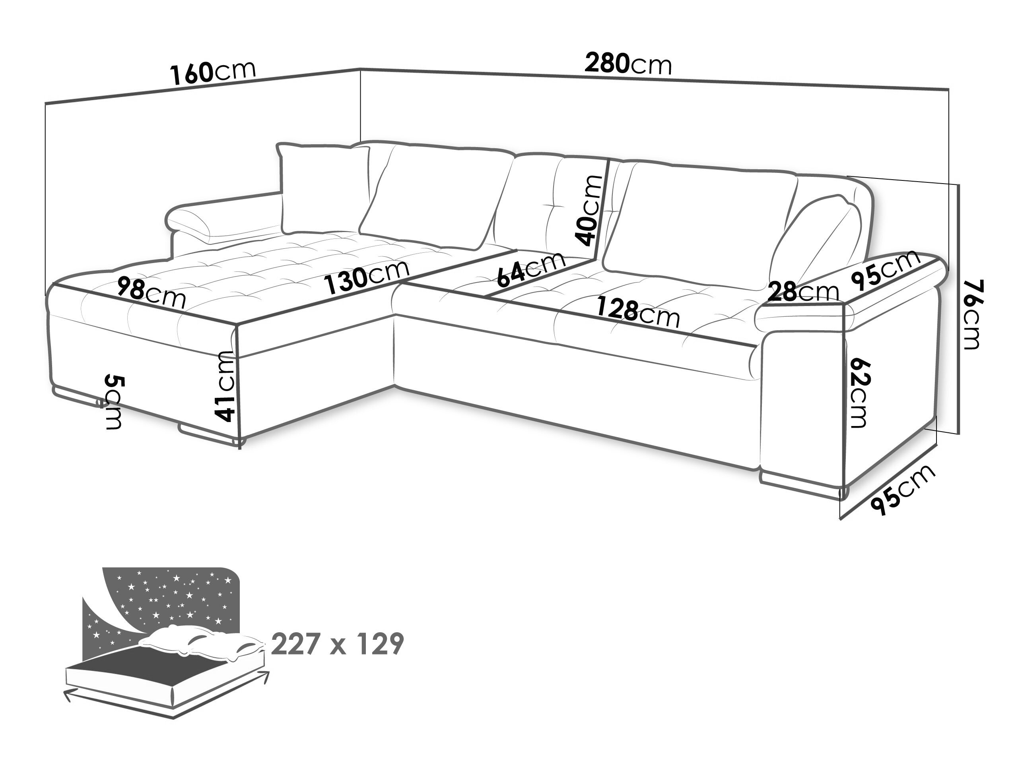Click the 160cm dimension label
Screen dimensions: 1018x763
tap(213, 73)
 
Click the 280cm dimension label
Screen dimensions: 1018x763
tap(628, 64)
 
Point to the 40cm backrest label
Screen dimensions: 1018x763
tap(589, 210)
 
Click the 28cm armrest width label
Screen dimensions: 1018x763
tap(804, 292)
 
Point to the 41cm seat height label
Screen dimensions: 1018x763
tap(226, 386)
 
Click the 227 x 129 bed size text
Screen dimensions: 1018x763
tap(337, 644)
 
